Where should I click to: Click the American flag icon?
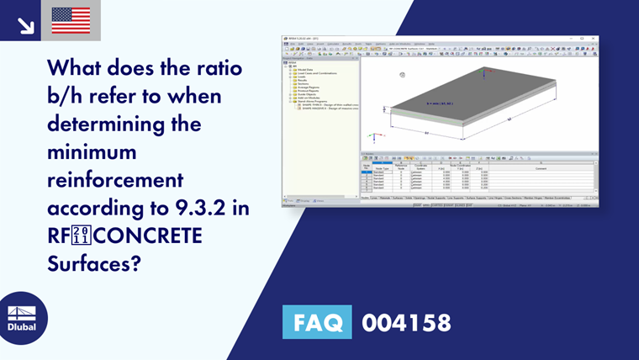71,20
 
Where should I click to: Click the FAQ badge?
319,321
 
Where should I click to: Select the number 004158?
406,322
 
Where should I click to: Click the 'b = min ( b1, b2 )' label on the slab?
440,103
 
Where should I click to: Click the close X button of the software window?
594,38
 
